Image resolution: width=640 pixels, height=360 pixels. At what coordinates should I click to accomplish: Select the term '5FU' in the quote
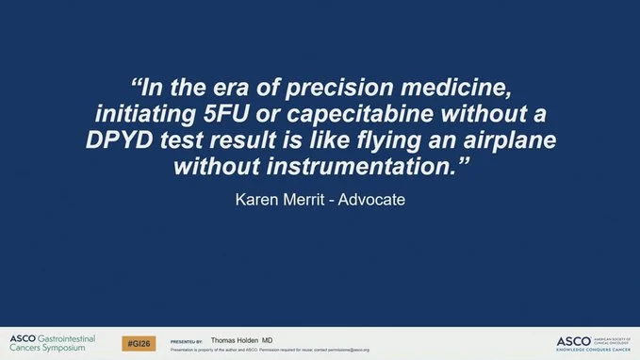pyautogui.click(x=236, y=117)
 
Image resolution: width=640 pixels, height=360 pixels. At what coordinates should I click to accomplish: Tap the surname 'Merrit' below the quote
pyautogui.click(x=310, y=201)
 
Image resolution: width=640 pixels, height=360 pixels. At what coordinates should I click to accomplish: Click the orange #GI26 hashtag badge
pyautogui.click(x=138, y=343)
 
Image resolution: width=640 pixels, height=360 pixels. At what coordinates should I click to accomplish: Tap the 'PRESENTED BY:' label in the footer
pyautogui.click(x=187, y=341)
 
